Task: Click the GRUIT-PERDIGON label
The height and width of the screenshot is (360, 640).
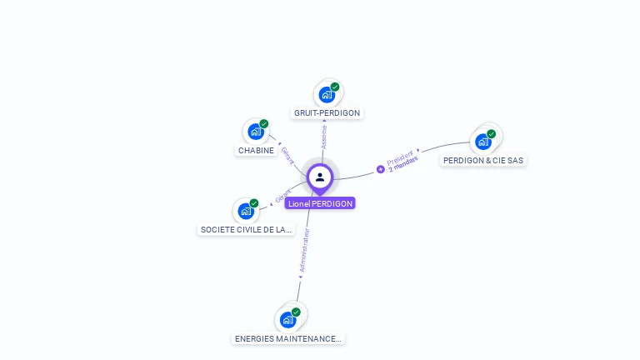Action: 327,112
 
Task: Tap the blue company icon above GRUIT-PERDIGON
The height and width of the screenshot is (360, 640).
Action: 326,94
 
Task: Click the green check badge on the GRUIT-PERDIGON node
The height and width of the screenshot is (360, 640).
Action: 335,87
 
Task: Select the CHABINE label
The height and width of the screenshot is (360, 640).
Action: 256,151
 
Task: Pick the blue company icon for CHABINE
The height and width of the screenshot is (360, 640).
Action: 255,132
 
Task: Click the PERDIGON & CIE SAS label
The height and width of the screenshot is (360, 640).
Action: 484,160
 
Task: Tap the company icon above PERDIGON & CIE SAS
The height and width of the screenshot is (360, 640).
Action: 482,141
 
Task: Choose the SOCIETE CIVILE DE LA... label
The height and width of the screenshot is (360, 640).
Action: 246,229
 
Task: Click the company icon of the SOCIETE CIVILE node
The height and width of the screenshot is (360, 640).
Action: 245,211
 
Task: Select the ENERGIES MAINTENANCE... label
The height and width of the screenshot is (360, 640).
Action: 288,339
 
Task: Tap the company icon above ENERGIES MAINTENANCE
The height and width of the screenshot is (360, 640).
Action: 287,319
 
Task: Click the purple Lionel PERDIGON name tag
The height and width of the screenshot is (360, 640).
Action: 320,203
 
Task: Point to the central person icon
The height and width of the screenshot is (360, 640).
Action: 320,177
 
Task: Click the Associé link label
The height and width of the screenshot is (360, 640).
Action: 324,137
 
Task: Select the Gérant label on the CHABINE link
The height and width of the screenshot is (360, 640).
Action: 287,155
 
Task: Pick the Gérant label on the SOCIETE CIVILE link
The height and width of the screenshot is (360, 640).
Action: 282,196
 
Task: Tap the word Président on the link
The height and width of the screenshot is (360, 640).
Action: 400,157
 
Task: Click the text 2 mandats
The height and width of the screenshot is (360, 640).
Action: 403,164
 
